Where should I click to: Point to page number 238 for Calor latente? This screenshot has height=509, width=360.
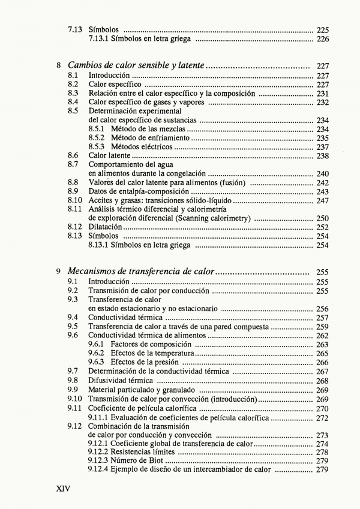tap(322, 155)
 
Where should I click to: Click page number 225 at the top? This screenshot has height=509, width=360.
tap(322, 29)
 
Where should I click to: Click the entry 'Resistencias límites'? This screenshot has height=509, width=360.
tap(142, 451)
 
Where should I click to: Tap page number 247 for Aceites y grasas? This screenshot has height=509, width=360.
tap(322, 200)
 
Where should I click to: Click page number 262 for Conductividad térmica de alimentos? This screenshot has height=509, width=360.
tap(322, 336)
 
